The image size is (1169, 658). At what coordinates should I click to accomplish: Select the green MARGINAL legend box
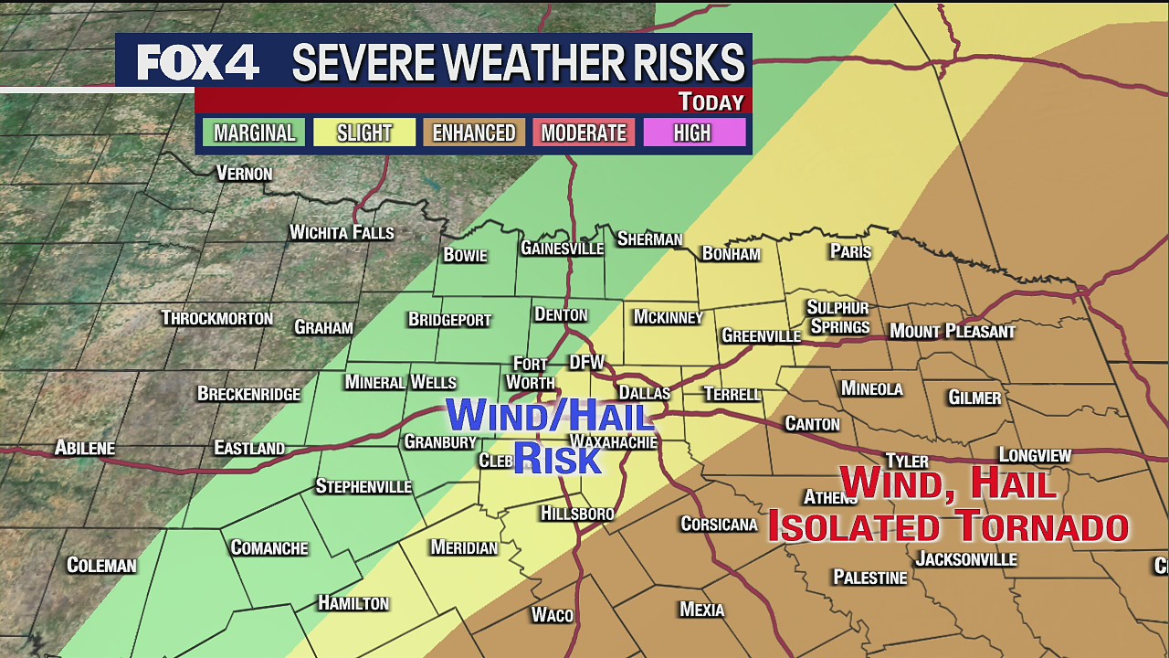pyautogui.click(x=254, y=133)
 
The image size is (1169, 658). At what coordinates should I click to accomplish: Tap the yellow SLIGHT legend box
pyautogui.click(x=364, y=133)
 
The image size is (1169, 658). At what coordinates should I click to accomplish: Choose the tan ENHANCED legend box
pyautogui.click(x=474, y=133)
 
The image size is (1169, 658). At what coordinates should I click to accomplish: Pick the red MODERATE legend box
pyautogui.click(x=584, y=133)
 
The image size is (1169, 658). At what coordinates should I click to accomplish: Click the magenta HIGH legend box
pyautogui.click(x=692, y=133)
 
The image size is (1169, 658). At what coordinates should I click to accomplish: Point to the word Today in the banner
pyautogui.click(x=711, y=101)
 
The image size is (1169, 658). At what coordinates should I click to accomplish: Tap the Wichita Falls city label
pyautogui.click(x=342, y=232)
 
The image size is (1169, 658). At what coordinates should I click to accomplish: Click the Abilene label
pyautogui.click(x=85, y=448)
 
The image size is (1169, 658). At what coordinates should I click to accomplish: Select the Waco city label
pyautogui.click(x=553, y=615)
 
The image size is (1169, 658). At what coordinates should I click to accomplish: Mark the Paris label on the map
pyautogui.click(x=850, y=251)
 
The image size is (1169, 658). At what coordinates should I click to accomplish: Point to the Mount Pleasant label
pyautogui.click(x=953, y=331)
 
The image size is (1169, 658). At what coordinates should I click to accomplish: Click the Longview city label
pyautogui.click(x=1035, y=455)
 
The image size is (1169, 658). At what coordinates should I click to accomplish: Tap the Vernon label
pyautogui.click(x=244, y=173)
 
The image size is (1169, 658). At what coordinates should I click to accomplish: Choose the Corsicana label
pyautogui.click(x=720, y=524)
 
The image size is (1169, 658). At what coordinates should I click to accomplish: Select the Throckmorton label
pyautogui.click(x=217, y=318)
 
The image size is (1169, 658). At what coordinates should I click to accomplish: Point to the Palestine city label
pyautogui.click(x=870, y=578)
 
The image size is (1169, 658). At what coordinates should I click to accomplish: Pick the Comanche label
pyautogui.click(x=269, y=547)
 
